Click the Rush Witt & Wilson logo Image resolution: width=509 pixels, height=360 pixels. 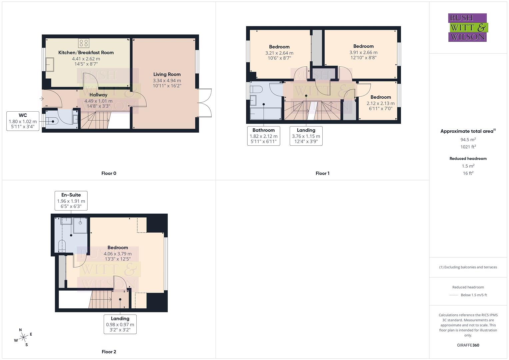tap(467, 27)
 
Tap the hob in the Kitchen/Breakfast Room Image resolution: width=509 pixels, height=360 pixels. tap(84, 43)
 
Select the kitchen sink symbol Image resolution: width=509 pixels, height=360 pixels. tap(50, 64)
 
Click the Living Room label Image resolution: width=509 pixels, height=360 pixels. tap(167, 74)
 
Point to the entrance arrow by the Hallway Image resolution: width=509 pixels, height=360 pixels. tap(41, 99)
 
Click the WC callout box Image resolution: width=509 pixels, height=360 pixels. tap(23, 121)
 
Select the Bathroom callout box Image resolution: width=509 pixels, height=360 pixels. tap(263, 136)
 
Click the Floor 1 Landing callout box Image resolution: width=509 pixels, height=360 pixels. tap(306, 136)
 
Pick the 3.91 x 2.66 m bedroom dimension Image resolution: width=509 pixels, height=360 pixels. tap(363, 52)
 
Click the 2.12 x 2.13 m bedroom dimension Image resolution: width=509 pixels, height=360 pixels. tap(380, 103)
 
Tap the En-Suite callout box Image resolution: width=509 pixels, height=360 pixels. tap(71, 201)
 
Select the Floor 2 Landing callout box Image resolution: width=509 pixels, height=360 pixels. tap(120, 324)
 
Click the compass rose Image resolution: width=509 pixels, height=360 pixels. tap(23, 337)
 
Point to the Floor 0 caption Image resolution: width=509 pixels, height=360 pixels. tap(109, 173)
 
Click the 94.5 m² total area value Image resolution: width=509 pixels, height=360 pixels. tap(468, 140)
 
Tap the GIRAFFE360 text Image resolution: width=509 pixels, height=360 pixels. tap(468, 345)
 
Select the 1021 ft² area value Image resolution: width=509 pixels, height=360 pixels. tap(468, 147)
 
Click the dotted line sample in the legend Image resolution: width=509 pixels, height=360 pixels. tap(454, 295)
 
